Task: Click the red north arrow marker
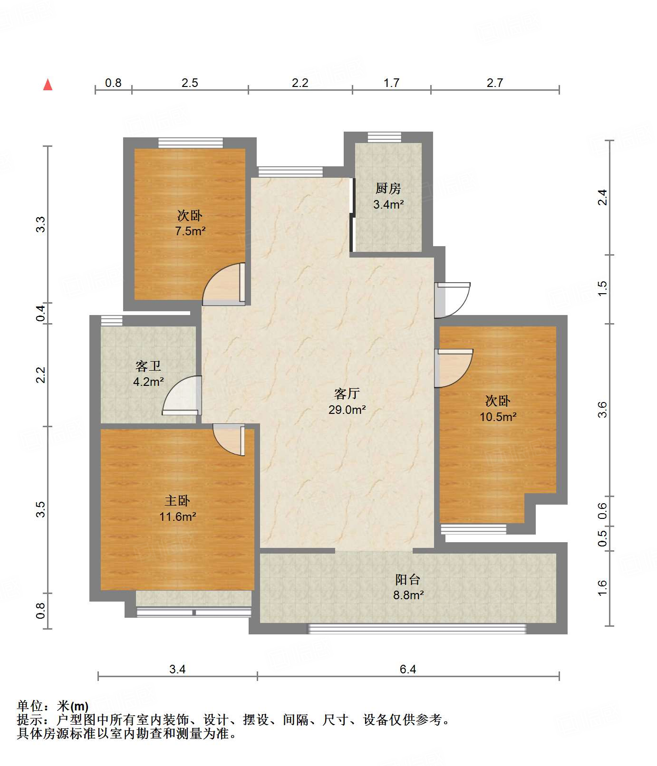click(48, 85)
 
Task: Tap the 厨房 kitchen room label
click(388, 189)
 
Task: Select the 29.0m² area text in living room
click(347, 409)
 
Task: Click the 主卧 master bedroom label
click(177, 500)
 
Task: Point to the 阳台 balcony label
click(408, 579)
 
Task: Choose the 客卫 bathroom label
click(148, 366)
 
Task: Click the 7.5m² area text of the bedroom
click(190, 231)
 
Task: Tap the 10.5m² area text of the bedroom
click(498, 417)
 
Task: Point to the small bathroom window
click(111, 320)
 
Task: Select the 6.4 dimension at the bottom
click(408, 669)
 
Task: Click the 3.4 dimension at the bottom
click(177, 669)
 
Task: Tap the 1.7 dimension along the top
click(391, 83)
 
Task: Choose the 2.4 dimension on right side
click(602, 197)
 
